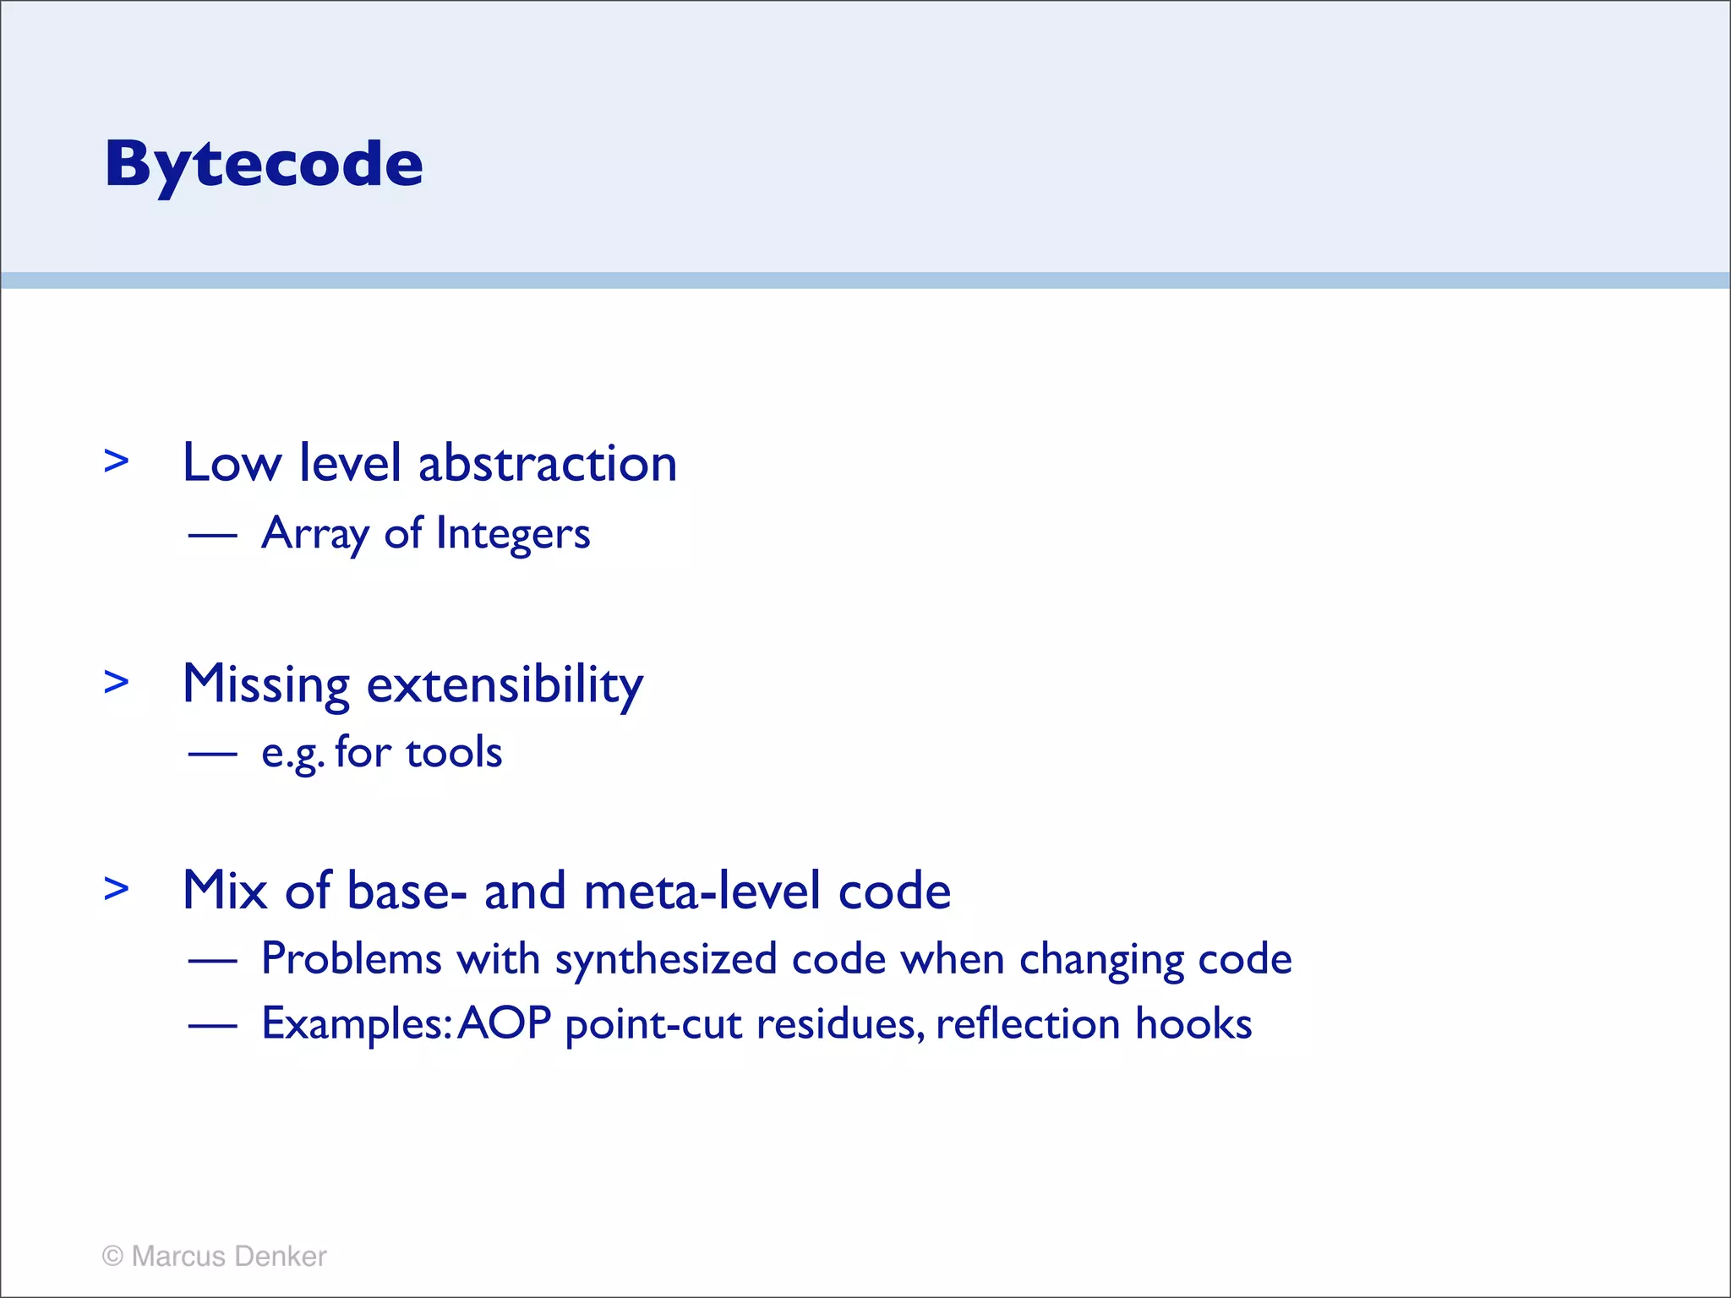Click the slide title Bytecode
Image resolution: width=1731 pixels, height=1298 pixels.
point(264,164)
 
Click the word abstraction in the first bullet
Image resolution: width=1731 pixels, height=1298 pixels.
point(548,464)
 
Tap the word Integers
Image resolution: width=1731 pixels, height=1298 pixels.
point(513,534)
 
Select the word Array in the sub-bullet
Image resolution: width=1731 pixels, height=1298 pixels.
point(315,534)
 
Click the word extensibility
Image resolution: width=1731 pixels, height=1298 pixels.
point(505,684)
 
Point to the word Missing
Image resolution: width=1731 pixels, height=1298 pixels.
point(266,684)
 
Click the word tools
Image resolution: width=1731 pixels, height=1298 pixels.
point(454,752)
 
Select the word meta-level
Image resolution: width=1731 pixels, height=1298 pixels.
point(702,891)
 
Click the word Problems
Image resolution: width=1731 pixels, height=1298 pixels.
point(352,959)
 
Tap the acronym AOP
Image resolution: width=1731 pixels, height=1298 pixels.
point(505,1023)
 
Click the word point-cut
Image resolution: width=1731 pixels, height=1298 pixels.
point(654,1025)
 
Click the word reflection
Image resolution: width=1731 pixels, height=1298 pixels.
point(1028,1023)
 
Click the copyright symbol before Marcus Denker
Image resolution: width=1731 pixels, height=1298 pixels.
point(112,1257)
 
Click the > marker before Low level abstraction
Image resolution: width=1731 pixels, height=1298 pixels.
point(117,461)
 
